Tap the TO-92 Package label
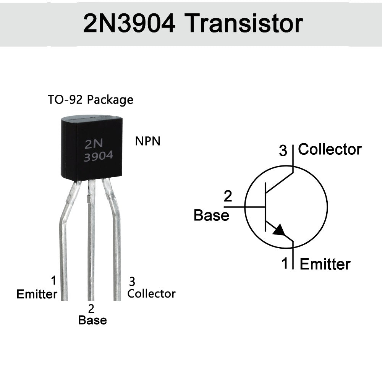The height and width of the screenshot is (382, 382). [91, 100]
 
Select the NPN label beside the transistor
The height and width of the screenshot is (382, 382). [148, 141]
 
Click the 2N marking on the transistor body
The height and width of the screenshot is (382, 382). [94, 144]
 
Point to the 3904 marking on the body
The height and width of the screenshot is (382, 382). [98, 156]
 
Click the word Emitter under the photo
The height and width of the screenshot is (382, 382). [37, 294]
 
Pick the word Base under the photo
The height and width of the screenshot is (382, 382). [92, 320]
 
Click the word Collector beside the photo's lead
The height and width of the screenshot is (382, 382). [151, 294]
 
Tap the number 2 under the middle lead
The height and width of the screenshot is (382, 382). [91, 308]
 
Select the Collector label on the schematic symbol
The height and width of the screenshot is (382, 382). [330, 149]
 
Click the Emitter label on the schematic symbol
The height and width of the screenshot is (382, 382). [325, 264]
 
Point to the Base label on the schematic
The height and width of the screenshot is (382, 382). [211, 215]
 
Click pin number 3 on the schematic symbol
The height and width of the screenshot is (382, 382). [283, 151]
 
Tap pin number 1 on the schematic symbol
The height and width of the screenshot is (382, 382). [285, 263]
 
